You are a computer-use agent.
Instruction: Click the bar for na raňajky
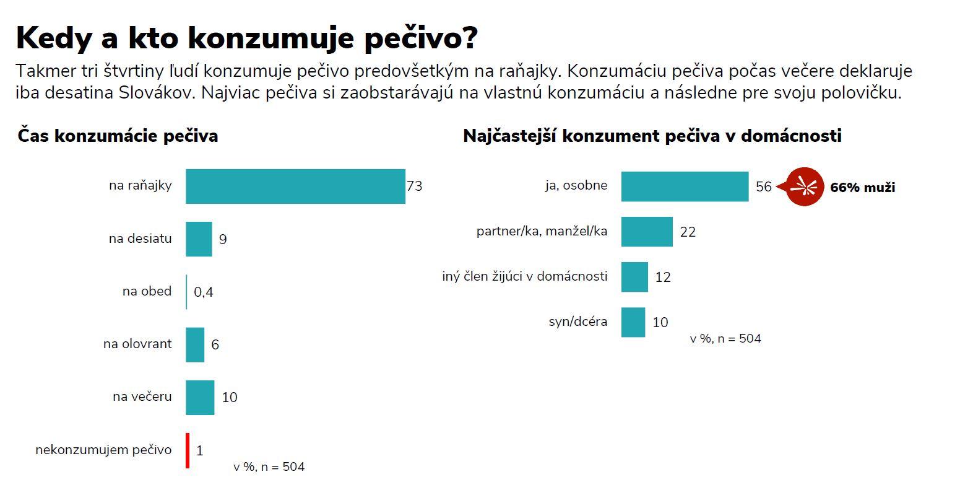pos(295,186)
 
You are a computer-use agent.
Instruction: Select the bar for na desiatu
pos(199,239)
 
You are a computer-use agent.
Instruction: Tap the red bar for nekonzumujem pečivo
pos(188,450)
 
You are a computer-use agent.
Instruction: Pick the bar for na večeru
pos(200,397)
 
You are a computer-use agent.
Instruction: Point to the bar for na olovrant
pos(195,344)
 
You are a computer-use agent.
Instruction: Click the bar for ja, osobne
pos(685,186)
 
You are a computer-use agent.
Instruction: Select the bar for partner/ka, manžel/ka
pos(647,232)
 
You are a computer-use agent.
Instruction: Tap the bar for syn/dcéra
pos(633,322)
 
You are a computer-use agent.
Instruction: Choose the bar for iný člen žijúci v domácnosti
pos(634,277)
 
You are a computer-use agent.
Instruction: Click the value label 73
pos(414,186)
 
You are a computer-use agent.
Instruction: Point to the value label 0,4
pos(204,292)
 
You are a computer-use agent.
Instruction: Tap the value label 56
pos(764,186)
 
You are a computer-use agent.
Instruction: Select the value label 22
pos(688,232)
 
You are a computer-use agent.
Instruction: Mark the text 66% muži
pos(862,187)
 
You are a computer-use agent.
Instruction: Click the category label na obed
pos(147,291)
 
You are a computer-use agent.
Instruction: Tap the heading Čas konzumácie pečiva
pos(118,136)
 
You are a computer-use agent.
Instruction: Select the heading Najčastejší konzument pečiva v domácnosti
pos(652,136)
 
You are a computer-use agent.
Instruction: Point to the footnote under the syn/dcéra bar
pos(725,339)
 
